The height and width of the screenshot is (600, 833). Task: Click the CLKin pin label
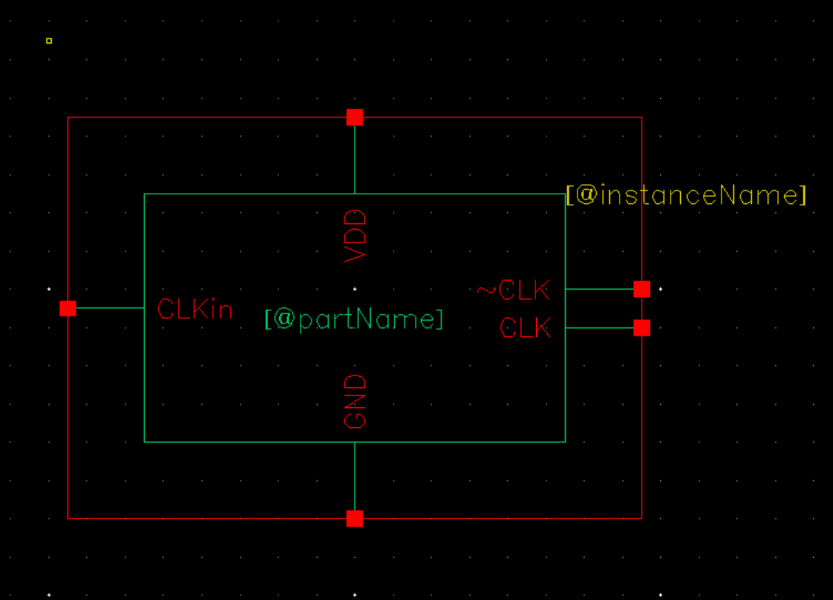tap(195, 309)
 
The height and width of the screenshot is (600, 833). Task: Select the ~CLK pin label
tap(514, 290)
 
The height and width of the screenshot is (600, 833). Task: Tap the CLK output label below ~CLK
tap(525, 327)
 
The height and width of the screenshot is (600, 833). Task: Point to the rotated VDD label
tap(356, 236)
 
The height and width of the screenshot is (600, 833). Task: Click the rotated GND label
tap(356, 400)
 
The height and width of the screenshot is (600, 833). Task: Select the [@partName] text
tap(354, 319)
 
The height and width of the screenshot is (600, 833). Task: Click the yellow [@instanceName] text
tap(686, 195)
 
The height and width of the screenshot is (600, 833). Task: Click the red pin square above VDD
tap(355, 117)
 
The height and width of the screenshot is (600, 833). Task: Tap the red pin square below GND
tap(355, 519)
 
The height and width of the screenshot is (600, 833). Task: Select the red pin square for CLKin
tap(68, 308)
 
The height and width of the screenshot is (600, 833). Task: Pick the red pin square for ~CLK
tap(642, 289)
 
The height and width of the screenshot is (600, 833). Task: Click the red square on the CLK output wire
tap(642, 327)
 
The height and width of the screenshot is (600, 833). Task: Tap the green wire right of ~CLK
tap(599, 289)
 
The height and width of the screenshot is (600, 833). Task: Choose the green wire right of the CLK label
tap(599, 327)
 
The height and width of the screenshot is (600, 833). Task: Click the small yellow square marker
tap(49, 41)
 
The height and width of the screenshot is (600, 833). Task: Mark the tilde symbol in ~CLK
tap(486, 290)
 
